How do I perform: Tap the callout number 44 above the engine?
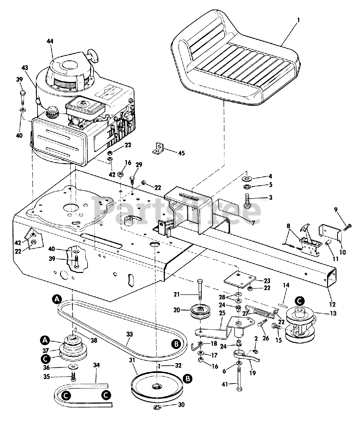[50, 41]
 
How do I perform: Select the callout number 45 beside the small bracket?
[182, 153]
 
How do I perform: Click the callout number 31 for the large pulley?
[132, 360]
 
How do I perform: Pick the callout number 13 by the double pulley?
[333, 313]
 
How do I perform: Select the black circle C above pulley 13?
[299, 300]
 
